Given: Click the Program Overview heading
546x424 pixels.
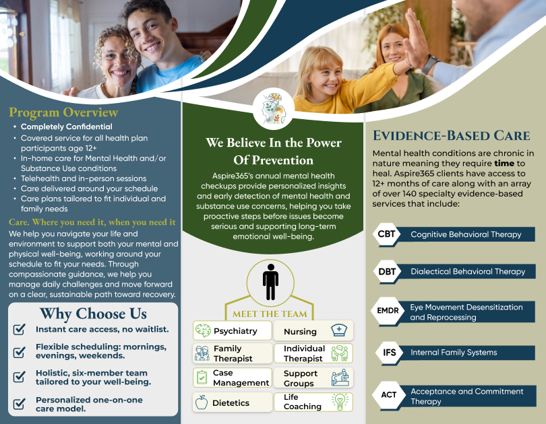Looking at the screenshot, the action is [63, 112].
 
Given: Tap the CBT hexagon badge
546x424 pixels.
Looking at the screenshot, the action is [386, 234].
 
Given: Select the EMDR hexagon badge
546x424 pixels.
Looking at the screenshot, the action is [388, 310].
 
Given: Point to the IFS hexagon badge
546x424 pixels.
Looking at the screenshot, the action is [390, 353].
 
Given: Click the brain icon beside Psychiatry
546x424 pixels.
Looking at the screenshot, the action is [203, 330].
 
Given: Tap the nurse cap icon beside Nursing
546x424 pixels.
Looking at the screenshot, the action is [339, 330].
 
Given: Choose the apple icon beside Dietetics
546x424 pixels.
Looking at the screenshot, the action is [202, 402].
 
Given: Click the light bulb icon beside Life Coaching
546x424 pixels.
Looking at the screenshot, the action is [340, 402].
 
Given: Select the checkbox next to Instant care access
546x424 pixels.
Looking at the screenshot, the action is [19, 329].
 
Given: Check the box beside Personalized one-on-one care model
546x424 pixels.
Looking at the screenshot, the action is [19, 404].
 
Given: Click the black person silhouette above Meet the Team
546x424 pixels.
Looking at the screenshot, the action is [270, 282].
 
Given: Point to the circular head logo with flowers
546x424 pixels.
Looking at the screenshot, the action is [274, 108].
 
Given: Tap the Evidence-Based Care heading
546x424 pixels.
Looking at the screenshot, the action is [451, 135].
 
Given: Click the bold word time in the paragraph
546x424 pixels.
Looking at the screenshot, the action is [504, 164].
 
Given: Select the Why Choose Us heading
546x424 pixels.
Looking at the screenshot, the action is [93, 314].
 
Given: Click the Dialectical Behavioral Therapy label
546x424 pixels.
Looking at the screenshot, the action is [468, 271].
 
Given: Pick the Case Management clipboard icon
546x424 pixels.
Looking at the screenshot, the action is [202, 378].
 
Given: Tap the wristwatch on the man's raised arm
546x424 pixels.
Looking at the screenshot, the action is [430, 64].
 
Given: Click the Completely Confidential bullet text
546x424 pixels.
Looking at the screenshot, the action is [67, 127].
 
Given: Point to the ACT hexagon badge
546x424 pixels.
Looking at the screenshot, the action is [389, 395].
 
